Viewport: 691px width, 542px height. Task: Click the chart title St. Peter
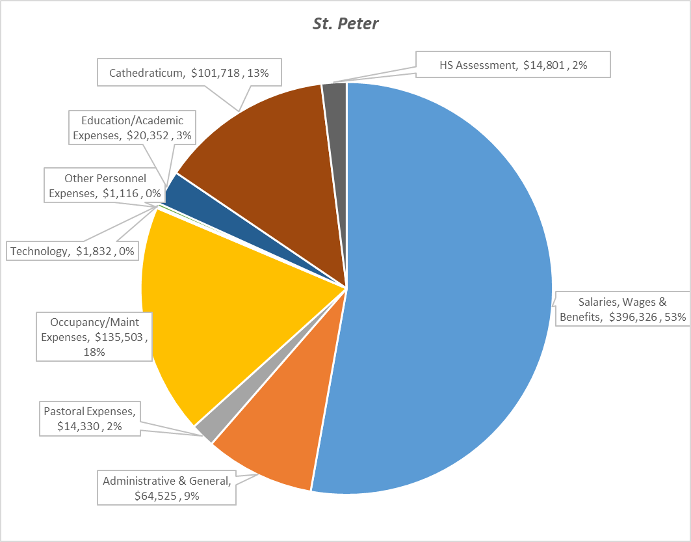click(345, 25)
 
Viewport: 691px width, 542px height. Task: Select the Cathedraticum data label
click(190, 74)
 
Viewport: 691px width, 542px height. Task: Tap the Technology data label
click(73, 251)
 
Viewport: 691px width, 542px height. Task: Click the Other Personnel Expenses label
click(105, 185)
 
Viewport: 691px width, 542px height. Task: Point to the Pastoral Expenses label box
click(90, 419)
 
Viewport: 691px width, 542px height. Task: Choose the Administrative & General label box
click(166, 488)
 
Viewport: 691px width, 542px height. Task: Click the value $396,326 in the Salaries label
click(633, 317)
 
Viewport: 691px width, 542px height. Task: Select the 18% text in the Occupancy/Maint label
click(94, 351)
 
